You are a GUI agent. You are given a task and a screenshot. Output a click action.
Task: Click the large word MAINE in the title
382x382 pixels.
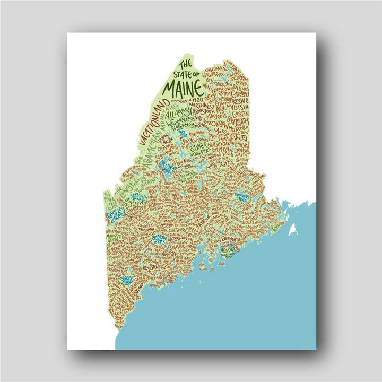tap(183, 85)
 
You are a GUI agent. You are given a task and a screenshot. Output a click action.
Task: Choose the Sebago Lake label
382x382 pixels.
tap(127, 280)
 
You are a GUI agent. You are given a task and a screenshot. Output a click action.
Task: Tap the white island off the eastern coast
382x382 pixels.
tap(291, 229)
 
